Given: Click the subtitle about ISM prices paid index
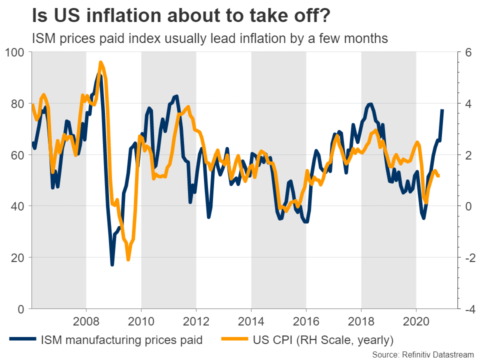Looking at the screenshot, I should pyautogui.click(x=210, y=38).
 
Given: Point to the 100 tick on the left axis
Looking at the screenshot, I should pyautogui.click(x=15, y=52).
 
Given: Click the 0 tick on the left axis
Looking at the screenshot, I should pyautogui.click(x=21, y=309).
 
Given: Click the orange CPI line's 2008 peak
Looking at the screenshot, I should pyautogui.click(x=101, y=62).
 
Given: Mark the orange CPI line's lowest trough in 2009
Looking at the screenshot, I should pyautogui.click(x=128, y=259).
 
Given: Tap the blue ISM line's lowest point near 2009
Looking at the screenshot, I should pyautogui.click(x=112, y=264).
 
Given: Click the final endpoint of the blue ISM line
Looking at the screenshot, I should pyautogui.click(x=442, y=110).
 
